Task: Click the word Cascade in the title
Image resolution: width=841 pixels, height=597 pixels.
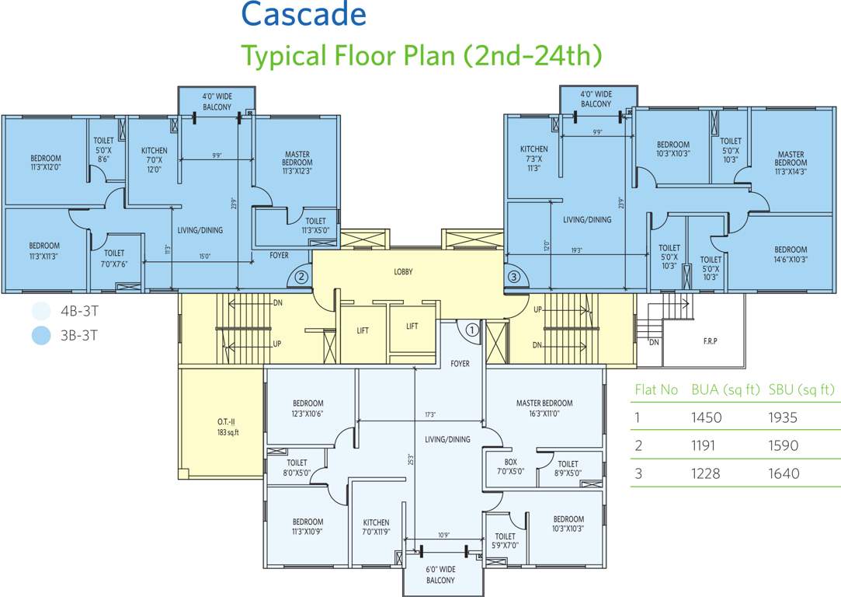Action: pos(303,15)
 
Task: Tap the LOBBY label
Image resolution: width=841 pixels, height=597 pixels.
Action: pos(403,272)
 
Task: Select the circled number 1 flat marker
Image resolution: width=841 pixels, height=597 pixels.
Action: pos(471,330)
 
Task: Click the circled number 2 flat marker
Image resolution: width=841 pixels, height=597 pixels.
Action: pos(301,275)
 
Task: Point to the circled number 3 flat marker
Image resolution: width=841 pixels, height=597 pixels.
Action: pos(513,276)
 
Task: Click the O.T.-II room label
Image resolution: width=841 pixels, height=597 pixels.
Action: pos(228,427)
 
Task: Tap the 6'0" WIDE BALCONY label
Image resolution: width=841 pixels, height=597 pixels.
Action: pos(440,574)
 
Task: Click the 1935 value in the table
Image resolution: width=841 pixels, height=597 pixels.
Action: pos(783,417)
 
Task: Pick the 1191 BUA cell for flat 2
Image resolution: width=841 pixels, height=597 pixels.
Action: pos(706,446)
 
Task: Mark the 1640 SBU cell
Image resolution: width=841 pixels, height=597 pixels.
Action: pos(783,474)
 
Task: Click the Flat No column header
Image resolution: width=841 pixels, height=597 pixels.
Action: pos(656,389)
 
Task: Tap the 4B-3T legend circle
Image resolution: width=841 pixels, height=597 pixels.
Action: pos(40,312)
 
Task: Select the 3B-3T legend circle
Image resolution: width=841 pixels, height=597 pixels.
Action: pos(40,336)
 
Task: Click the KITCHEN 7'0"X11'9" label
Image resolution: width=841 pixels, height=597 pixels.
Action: pos(376,527)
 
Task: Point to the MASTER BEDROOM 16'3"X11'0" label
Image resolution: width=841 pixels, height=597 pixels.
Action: pos(544,408)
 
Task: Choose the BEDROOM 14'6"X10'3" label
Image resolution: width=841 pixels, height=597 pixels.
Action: pos(791,255)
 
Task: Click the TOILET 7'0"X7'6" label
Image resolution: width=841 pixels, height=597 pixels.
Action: pos(114,258)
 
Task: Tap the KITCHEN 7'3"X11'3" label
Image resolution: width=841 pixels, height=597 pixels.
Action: pos(533,158)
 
